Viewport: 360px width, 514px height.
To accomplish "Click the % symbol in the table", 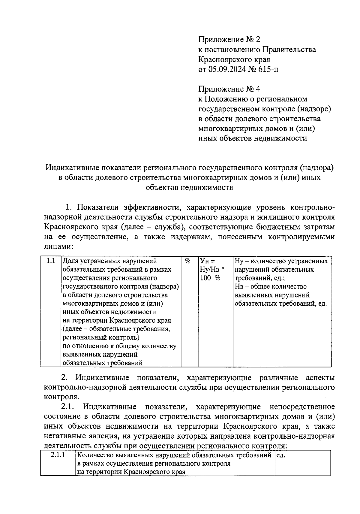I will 188,261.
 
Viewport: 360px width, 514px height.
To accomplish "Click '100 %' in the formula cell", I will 210,278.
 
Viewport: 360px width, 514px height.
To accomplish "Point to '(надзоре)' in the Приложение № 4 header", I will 315,109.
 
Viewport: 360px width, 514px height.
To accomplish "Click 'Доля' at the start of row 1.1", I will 70,261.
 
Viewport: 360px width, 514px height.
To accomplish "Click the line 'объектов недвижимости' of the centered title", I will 189,188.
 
